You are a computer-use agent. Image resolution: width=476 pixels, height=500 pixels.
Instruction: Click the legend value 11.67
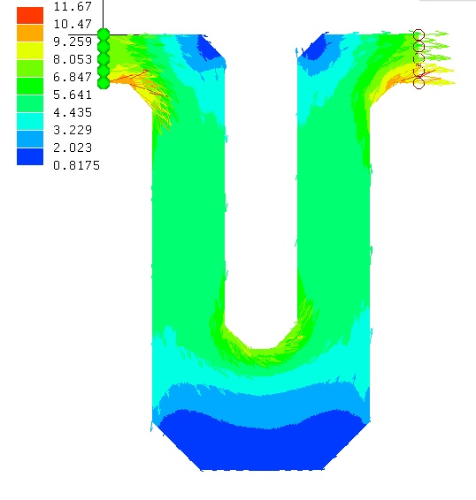tap(73, 6)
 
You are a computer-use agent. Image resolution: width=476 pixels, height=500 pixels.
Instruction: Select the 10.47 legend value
tap(73, 24)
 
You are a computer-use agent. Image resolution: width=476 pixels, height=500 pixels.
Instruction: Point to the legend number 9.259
tap(73, 42)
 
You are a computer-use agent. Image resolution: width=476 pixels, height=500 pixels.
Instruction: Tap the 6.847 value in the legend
tap(73, 77)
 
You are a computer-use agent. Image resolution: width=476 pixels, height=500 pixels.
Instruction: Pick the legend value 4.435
tap(73, 112)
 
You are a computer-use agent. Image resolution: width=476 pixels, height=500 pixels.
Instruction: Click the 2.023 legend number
tap(73, 148)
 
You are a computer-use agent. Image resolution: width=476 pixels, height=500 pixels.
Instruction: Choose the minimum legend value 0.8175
tap(76, 165)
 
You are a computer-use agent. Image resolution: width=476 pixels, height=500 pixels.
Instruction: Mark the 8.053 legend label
tap(73, 59)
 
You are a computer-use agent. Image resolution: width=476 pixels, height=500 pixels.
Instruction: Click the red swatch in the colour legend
tap(30, 15)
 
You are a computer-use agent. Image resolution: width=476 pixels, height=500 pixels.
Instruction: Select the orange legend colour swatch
tap(30, 33)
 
